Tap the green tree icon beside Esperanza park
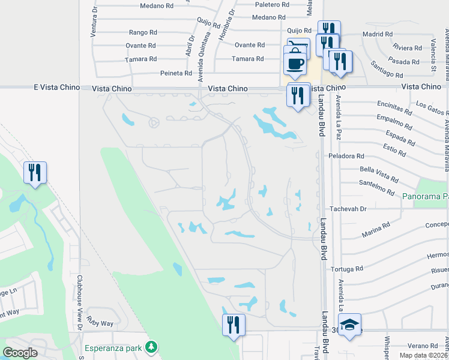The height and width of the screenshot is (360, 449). point(152,347)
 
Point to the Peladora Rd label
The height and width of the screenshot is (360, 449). point(346,156)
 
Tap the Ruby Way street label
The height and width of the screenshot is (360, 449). point(100,323)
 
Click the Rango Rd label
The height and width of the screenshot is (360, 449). point(142,33)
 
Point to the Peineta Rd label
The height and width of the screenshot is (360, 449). point(176,73)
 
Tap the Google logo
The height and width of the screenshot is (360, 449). point(20,353)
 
